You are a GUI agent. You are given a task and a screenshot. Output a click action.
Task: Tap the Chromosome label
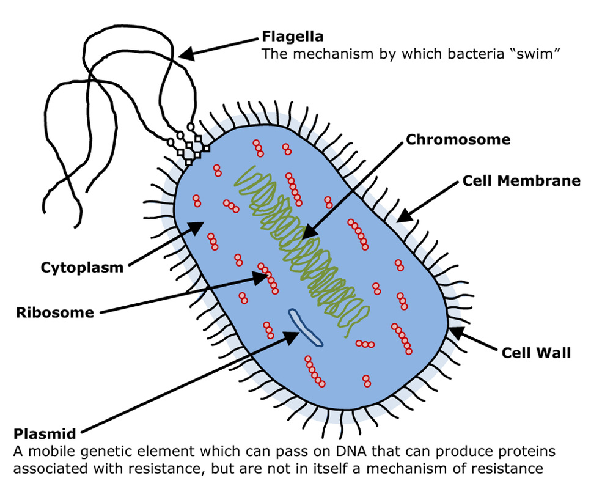[x=458, y=139]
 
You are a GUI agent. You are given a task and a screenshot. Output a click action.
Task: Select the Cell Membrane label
[x=521, y=180]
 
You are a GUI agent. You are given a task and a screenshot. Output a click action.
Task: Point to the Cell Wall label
[x=535, y=353]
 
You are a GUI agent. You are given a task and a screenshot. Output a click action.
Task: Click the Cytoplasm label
[x=82, y=267]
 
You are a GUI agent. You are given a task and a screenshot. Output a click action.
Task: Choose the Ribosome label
[x=55, y=312]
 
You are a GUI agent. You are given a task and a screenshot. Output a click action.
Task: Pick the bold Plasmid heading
[x=45, y=435]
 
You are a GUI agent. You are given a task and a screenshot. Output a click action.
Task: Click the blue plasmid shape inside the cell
[x=305, y=328]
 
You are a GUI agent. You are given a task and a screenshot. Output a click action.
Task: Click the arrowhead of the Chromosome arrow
[x=307, y=234]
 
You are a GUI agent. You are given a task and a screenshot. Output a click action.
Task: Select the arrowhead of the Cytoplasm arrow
[x=199, y=227]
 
